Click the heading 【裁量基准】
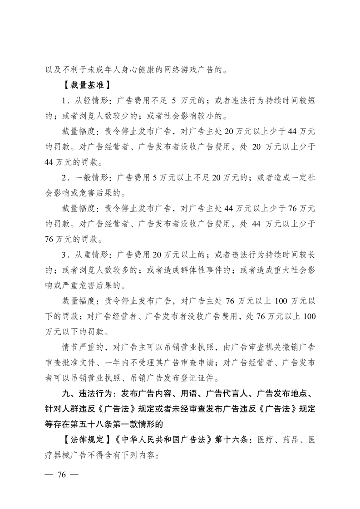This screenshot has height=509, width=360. coord(83,85)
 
